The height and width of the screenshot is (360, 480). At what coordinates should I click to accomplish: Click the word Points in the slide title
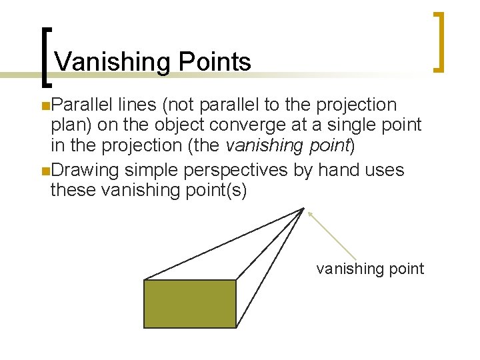[x=214, y=62]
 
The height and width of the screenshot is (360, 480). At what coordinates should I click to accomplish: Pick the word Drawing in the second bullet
[x=86, y=170]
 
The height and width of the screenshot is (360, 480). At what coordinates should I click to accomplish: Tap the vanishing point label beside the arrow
[x=370, y=269]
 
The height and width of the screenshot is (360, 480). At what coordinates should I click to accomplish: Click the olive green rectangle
[x=191, y=303]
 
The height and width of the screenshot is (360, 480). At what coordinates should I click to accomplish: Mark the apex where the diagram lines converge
[x=304, y=209]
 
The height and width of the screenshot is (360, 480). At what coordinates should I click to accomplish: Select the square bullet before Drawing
[x=44, y=171]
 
